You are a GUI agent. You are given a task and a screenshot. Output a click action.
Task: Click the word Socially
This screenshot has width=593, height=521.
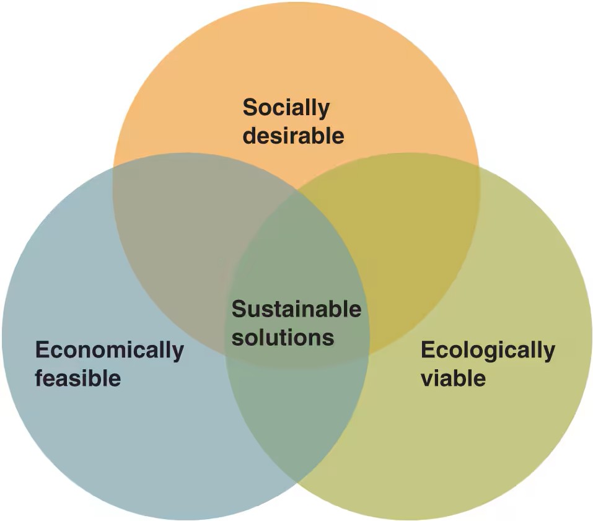point(286,108)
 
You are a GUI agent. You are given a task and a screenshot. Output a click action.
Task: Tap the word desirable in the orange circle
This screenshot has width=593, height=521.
point(293,135)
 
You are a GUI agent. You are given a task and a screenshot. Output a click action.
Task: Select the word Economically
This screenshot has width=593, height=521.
point(110,350)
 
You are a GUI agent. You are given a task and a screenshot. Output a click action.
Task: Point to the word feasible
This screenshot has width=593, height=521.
point(78,377)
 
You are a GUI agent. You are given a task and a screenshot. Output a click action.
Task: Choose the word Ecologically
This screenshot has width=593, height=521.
point(488,350)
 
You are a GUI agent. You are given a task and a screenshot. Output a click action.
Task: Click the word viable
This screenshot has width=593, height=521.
point(453,377)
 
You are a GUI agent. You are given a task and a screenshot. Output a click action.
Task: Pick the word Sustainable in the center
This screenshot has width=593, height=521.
point(296,309)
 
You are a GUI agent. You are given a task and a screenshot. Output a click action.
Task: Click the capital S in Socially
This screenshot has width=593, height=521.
point(249,108)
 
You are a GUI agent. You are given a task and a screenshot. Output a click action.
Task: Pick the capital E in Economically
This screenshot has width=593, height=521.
point(42,350)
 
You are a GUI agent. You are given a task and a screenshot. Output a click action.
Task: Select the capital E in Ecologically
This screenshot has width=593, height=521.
point(428,350)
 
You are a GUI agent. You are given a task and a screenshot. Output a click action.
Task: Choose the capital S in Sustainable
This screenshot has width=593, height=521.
point(239,309)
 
